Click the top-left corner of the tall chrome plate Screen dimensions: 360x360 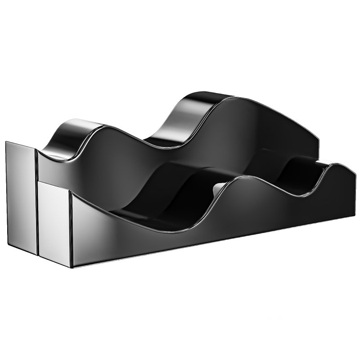[x=7, y=142]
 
